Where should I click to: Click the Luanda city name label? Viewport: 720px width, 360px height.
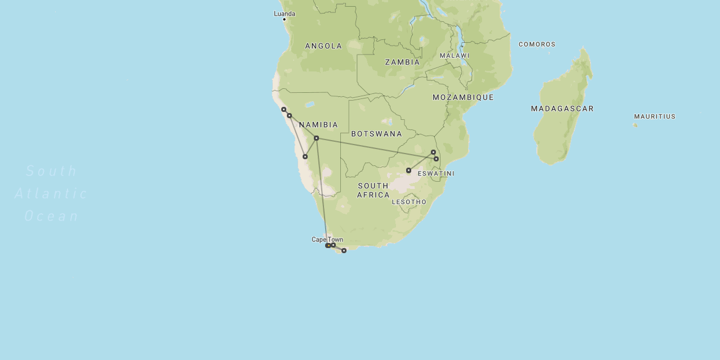coord(284,13)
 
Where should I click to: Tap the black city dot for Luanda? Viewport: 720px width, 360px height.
coord(284,20)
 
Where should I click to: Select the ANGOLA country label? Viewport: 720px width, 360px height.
coord(323,46)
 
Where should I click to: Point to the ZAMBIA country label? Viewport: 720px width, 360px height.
coord(402,62)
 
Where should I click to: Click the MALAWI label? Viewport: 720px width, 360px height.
coord(454,56)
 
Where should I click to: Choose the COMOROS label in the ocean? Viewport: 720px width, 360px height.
coord(537,44)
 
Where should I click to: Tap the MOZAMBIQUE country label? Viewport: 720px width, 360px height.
coord(463,97)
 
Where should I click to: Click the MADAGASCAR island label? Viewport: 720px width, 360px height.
coord(562,109)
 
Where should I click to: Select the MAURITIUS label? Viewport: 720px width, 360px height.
coord(654,116)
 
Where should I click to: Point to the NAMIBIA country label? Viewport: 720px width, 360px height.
coord(318,125)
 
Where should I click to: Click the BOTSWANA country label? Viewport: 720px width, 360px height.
coord(376,134)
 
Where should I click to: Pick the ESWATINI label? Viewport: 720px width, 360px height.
coord(436,174)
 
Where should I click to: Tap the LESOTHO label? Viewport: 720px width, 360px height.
coord(409,202)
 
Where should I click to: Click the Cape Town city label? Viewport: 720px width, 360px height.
coord(327,240)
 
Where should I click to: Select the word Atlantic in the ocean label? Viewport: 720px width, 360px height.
coord(51,193)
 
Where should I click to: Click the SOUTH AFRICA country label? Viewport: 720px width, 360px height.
coord(373,190)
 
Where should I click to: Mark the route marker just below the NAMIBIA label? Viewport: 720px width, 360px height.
coord(316,138)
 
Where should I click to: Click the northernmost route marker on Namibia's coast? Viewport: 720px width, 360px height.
coord(283,109)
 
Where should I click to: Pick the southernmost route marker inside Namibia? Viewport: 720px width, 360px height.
coord(305,156)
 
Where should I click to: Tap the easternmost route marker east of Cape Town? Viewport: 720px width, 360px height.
coord(344,250)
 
